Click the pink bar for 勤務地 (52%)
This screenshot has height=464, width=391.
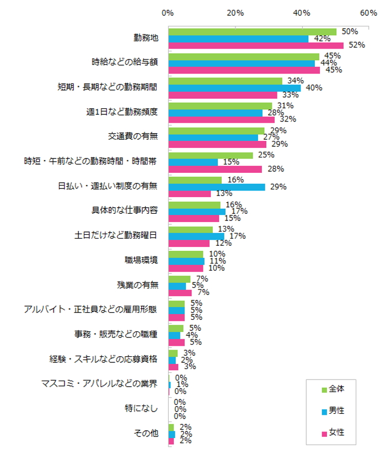point(255,45)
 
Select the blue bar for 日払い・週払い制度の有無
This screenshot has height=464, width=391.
point(216,187)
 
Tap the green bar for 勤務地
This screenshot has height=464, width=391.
point(252,32)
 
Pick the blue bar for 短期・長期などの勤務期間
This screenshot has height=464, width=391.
point(234,88)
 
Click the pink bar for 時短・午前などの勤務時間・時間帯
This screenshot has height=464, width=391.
point(215,169)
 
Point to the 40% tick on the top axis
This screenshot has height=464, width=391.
point(302,13)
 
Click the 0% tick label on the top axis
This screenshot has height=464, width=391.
point(168,13)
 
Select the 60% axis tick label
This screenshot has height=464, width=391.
point(368,13)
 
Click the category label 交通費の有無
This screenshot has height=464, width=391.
point(133,136)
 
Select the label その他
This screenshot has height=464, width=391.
point(146,434)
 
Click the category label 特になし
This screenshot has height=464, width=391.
point(142,409)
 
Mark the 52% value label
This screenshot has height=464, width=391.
point(357,45)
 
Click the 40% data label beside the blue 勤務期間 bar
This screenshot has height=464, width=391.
point(314,88)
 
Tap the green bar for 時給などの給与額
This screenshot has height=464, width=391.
point(243,57)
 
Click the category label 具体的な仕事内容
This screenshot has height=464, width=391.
point(124,211)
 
